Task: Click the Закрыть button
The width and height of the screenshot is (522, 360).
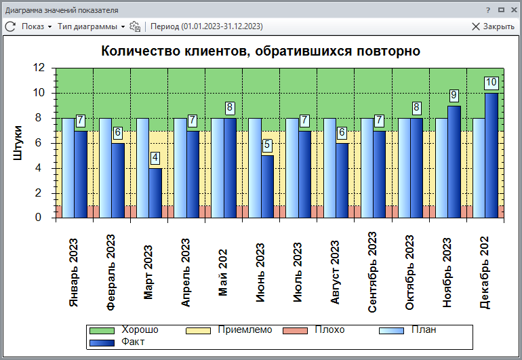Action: [x=493, y=26]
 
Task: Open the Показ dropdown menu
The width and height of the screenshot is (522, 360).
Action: [x=36, y=26]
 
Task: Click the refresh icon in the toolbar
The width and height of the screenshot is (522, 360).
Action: [x=10, y=26]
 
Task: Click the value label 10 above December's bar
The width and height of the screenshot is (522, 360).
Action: [x=491, y=83]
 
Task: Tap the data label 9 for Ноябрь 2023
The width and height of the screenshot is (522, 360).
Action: [x=454, y=96]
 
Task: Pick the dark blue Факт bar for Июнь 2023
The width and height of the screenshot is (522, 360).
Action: [x=268, y=186]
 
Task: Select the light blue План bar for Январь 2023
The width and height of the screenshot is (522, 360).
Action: [x=68, y=167]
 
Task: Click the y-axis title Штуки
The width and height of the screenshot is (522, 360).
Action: [x=18, y=142]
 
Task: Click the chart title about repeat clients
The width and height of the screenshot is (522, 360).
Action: [x=260, y=51]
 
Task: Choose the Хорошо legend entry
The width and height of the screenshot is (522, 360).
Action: [x=139, y=330]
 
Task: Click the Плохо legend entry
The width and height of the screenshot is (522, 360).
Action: [x=329, y=330]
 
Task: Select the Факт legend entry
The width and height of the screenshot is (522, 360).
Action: [x=132, y=342]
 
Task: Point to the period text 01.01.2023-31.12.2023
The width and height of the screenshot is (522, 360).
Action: [x=207, y=26]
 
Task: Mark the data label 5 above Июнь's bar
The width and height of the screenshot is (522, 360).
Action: [x=268, y=145]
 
